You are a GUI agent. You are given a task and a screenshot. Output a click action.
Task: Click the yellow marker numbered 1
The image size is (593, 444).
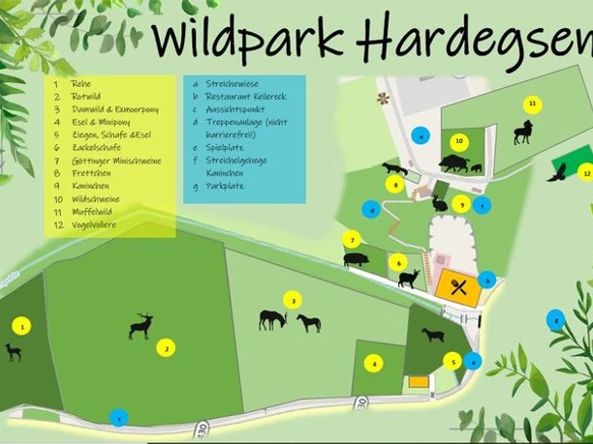click(23, 326)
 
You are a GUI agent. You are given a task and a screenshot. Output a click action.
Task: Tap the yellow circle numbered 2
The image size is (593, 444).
click(167, 348)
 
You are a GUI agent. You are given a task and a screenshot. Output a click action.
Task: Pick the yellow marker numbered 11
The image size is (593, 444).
click(531, 104)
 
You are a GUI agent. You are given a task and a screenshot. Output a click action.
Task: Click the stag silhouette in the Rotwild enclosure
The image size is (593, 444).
click(141, 326)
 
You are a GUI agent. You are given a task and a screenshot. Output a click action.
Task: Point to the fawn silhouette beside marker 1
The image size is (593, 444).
click(14, 352)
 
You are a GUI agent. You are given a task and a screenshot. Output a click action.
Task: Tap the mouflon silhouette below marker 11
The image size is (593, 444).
click(523, 133)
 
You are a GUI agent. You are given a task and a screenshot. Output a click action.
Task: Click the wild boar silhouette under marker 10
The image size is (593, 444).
click(454, 163)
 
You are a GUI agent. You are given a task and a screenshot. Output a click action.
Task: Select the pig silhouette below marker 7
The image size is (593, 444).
click(356, 259)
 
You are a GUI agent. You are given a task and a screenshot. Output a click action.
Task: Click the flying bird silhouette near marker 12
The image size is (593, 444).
click(557, 172)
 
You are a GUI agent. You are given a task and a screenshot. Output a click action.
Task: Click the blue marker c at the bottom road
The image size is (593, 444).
click(118, 418)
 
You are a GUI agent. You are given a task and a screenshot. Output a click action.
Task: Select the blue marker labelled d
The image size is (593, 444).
click(370, 209)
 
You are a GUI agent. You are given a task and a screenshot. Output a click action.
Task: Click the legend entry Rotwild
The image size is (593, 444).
click(86, 97)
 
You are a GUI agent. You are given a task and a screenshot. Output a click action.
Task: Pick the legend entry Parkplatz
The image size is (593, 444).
click(225, 185)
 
